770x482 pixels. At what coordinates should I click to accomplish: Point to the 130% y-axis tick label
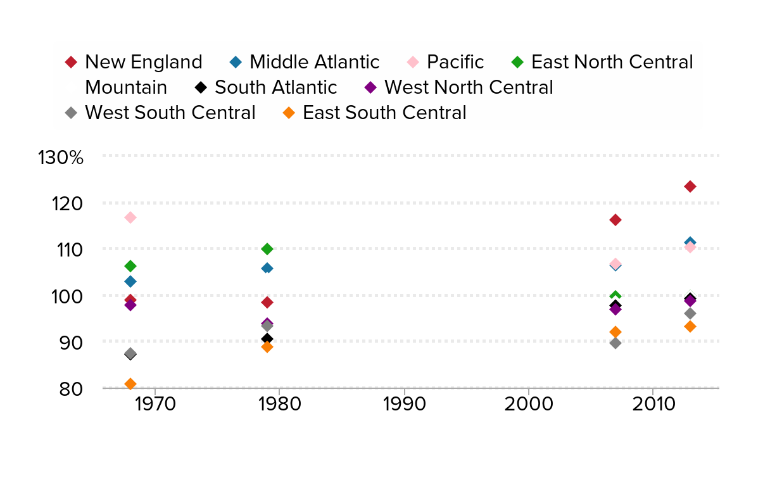click(x=61, y=157)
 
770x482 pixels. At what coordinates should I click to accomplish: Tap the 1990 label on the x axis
click(x=403, y=404)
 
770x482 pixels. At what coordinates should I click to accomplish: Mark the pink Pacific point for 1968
click(x=130, y=217)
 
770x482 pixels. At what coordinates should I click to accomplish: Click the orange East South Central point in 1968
click(x=130, y=384)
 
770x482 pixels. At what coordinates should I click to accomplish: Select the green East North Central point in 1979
click(x=267, y=249)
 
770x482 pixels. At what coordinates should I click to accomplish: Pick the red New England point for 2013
click(x=690, y=186)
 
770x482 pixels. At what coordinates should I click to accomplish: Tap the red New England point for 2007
click(x=615, y=220)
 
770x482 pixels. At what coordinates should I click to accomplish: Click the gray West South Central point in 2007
click(x=615, y=343)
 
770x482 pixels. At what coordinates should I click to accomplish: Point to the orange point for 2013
click(x=690, y=326)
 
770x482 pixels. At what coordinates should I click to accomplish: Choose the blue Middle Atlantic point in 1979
click(x=267, y=268)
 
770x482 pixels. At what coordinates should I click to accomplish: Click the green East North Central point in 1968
click(x=130, y=266)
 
